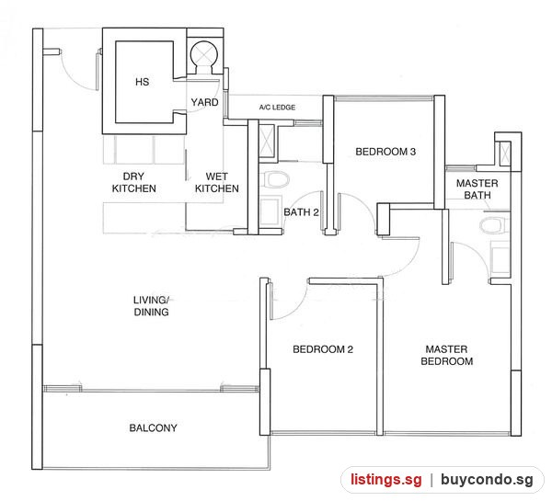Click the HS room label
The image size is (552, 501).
coord(143,82)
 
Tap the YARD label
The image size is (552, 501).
coord(204,102)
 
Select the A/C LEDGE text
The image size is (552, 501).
coord(277,108)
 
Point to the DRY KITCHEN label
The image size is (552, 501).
coord(133,182)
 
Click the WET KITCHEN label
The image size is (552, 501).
coord(217,182)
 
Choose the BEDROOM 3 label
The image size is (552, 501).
coord(385,152)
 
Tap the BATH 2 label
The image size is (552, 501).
coord(302,212)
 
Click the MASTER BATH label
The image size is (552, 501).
coord(477,189)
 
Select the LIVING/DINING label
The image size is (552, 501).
coord(152,306)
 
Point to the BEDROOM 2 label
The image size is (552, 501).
coord(323,349)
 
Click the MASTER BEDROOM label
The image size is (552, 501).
coord(447,356)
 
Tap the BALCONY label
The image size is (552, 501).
coord(153,427)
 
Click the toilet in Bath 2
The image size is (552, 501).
coord(274,179)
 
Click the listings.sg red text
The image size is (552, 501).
coord(385,480)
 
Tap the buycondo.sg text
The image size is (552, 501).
coord(487,480)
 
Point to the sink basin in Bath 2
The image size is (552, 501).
coord(270,211)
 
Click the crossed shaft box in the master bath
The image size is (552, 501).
coord(505,153)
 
